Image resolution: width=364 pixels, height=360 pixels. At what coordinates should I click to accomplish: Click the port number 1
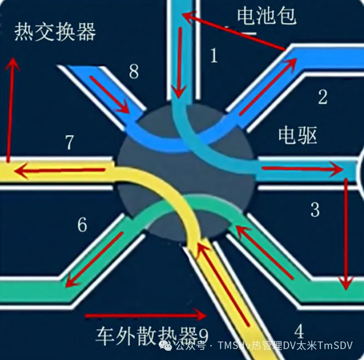click(214, 55)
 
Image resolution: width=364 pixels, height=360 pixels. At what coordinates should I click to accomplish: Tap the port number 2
click(322, 97)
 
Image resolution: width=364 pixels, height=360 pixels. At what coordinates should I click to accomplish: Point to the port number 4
click(299, 332)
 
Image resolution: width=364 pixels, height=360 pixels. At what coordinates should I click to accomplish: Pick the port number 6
click(82, 225)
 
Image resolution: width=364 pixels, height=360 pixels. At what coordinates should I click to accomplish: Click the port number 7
click(69, 143)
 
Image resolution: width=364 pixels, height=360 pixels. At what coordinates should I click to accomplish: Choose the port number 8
click(133, 72)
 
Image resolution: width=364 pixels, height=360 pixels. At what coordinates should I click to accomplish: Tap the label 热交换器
click(55, 32)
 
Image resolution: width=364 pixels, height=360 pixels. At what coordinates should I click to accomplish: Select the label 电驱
click(298, 135)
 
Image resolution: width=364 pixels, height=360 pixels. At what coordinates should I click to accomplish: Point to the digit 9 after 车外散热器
click(203, 336)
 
